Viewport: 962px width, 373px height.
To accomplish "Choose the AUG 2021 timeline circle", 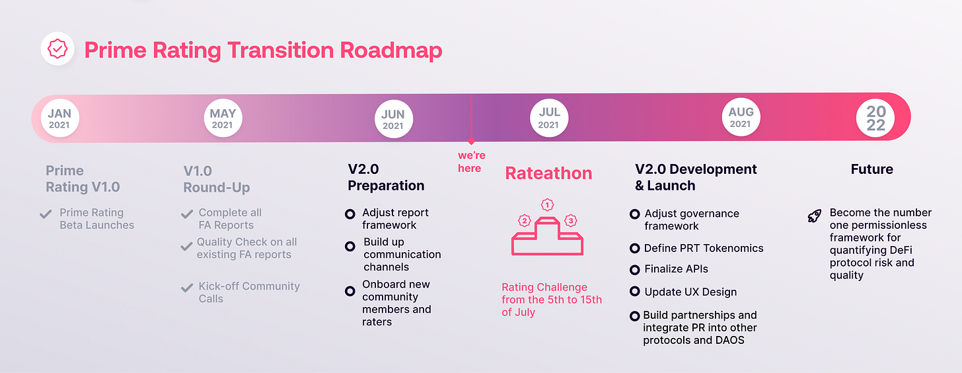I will [741, 118].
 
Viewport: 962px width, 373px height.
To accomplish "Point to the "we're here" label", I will [470, 161].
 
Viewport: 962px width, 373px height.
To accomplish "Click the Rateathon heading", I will [548, 173].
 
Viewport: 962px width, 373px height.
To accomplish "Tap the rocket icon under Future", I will [815, 216].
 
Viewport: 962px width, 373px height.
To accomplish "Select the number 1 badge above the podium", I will [546, 204].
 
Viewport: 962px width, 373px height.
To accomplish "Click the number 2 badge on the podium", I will [525, 220].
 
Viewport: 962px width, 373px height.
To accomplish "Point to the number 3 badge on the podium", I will [570, 220].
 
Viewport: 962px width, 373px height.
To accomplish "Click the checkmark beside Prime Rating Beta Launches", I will [46, 214].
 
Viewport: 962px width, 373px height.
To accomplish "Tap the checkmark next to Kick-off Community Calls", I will [186, 288].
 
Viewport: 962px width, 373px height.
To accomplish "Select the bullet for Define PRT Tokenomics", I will [634, 249].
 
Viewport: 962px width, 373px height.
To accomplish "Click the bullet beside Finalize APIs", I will [634, 269].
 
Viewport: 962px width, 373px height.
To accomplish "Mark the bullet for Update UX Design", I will [634, 292].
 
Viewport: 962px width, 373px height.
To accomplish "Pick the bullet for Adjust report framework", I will [350, 214].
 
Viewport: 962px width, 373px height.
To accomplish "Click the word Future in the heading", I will [871, 169].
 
